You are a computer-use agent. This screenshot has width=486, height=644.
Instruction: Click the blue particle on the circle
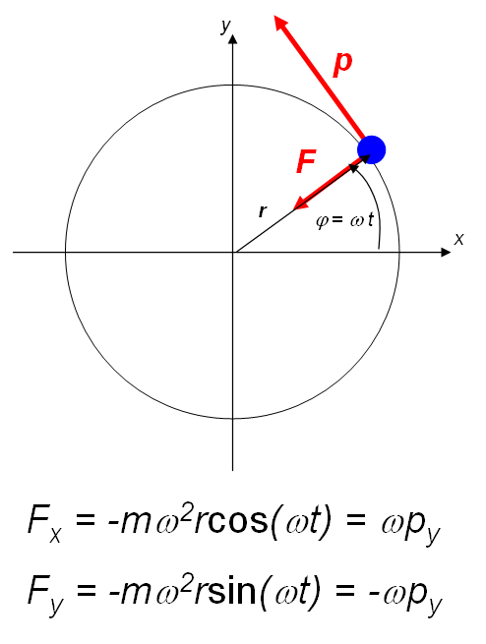[x=371, y=149]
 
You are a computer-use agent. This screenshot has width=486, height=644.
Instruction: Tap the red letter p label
[x=342, y=64]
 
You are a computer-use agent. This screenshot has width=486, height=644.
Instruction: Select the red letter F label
[x=306, y=161]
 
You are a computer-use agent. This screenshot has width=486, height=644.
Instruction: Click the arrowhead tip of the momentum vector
[x=274, y=16]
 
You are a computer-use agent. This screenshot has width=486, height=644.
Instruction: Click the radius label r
[x=263, y=211]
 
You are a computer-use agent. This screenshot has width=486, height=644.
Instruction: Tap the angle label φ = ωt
[x=344, y=221]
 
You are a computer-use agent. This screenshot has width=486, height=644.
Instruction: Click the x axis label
[x=458, y=239]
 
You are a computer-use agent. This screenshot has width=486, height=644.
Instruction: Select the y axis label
[x=226, y=26]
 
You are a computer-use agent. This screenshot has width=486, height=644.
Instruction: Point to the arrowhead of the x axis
[x=451, y=252]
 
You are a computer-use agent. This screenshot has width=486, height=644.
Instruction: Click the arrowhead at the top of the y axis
[x=233, y=35]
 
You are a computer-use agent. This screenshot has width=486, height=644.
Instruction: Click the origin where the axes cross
[x=233, y=252]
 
